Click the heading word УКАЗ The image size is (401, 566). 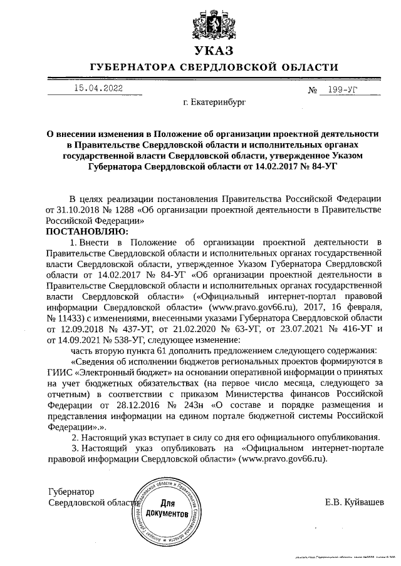[214, 51]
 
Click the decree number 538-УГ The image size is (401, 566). [125, 340]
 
